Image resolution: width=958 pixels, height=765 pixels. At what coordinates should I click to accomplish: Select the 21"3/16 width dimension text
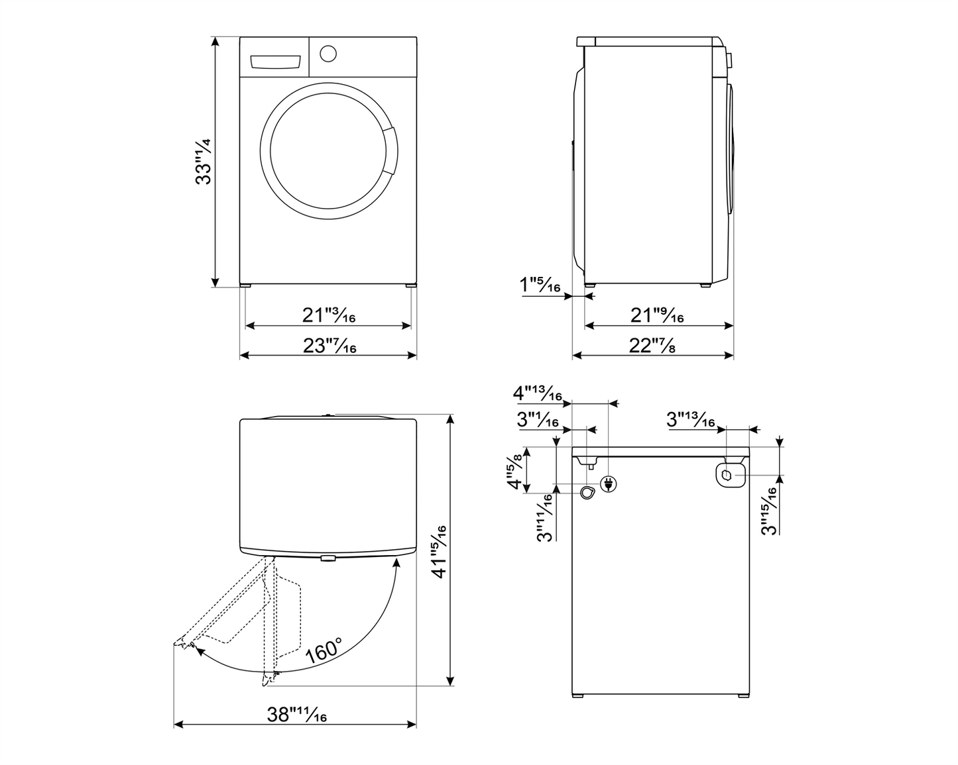[329, 315]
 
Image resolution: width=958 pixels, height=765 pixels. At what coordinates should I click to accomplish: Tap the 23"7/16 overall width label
[329, 345]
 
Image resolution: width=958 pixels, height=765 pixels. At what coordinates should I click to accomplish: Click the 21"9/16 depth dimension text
[656, 315]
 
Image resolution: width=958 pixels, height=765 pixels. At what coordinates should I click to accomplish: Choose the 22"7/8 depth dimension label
[652, 345]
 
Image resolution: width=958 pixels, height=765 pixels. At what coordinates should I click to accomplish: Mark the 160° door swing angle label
[324, 651]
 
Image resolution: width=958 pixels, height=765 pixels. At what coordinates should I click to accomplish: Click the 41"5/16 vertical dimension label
[438, 551]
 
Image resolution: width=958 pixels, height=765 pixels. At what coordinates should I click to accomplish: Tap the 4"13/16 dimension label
[538, 394]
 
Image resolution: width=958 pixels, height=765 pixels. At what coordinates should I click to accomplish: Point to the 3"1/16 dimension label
[538, 419]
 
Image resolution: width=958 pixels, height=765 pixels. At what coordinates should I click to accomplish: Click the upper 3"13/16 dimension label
[690, 419]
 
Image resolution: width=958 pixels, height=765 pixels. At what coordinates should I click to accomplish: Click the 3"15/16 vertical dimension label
[769, 511]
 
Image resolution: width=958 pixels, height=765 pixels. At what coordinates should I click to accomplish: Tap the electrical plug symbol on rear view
[607, 484]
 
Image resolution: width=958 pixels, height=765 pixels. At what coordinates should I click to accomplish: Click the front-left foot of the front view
[246, 285]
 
